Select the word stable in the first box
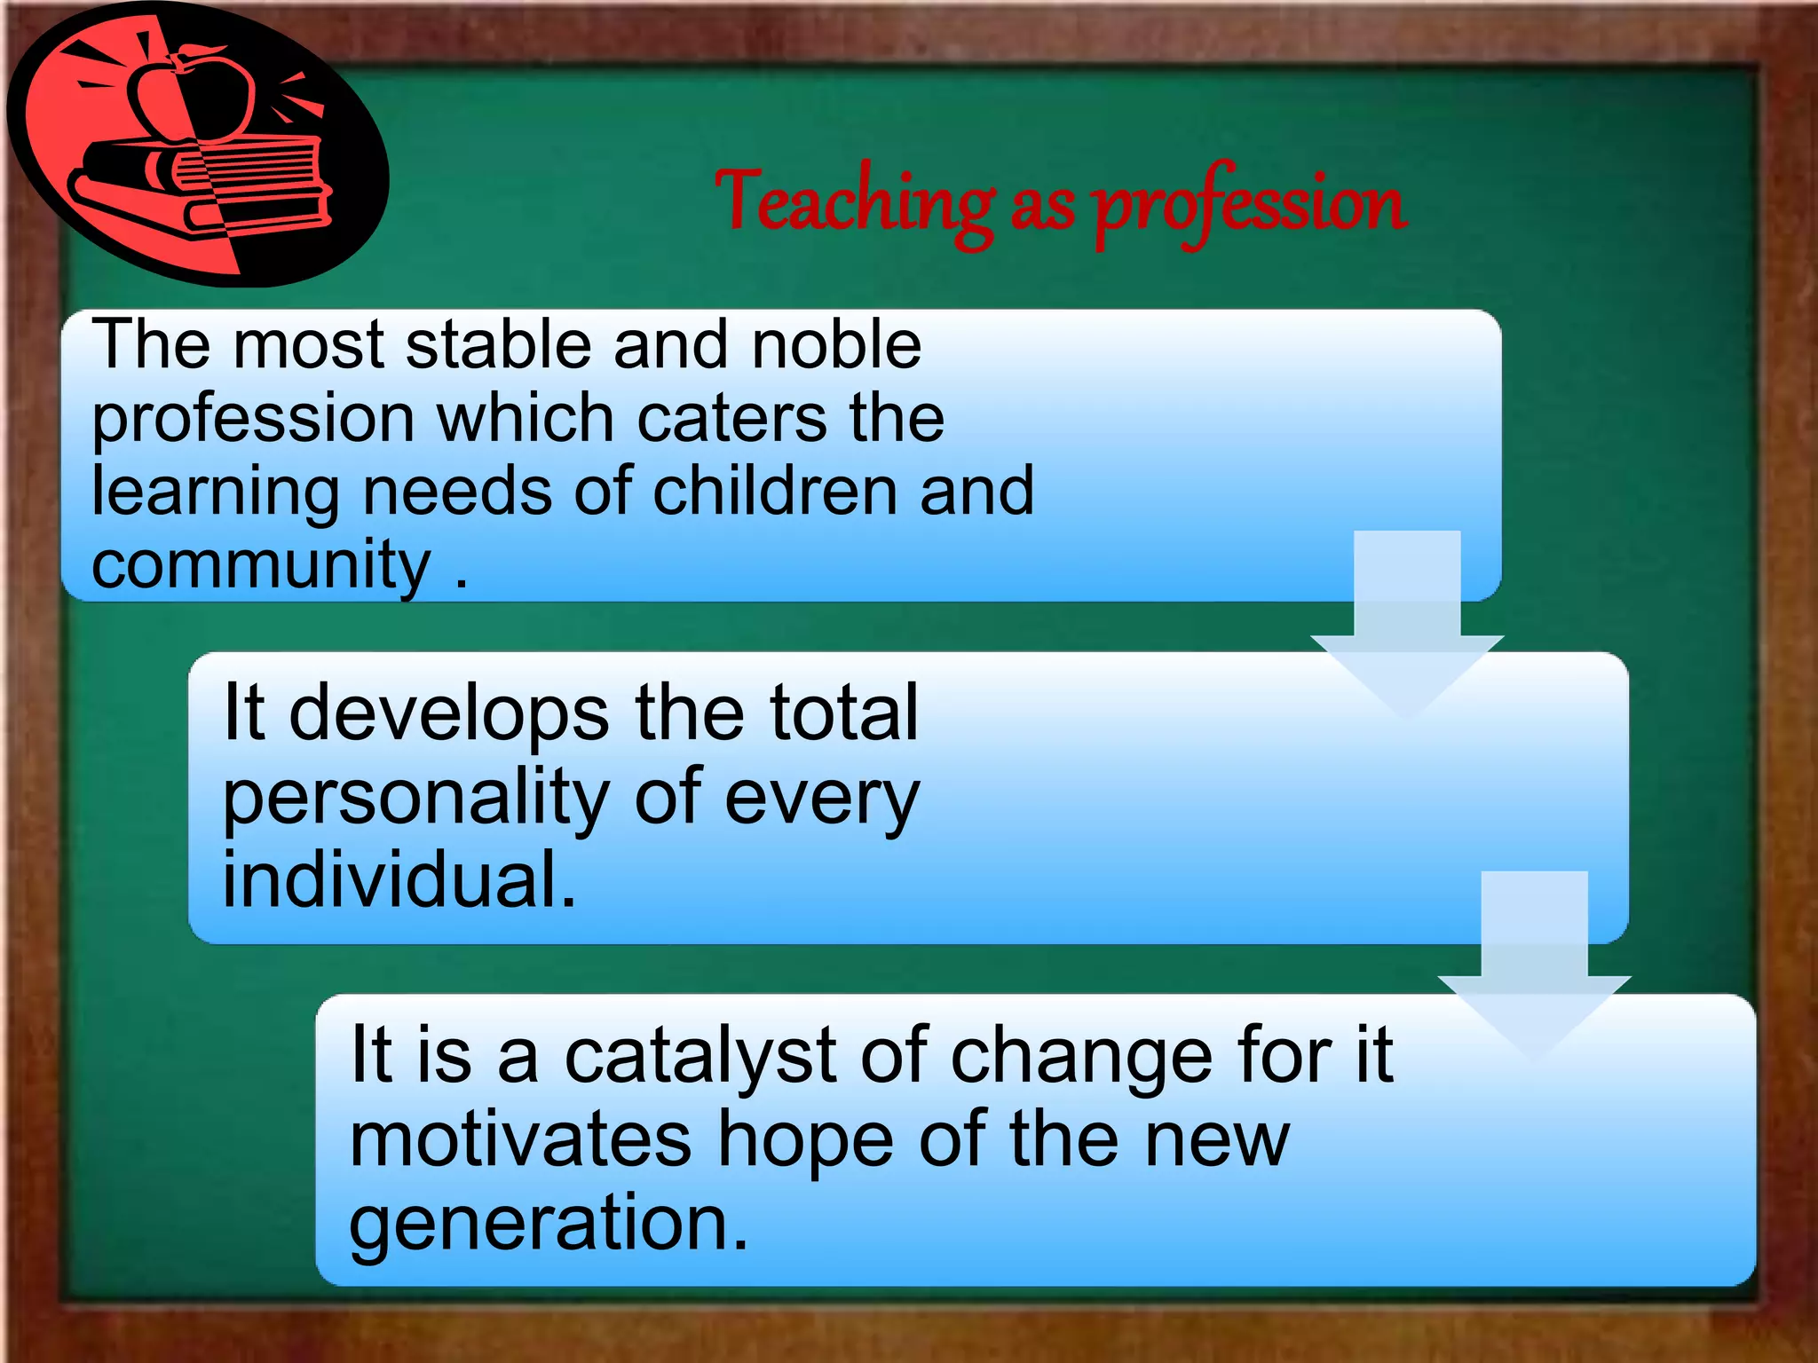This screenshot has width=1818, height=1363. coord(498,345)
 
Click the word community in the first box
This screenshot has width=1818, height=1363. coord(261,565)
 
